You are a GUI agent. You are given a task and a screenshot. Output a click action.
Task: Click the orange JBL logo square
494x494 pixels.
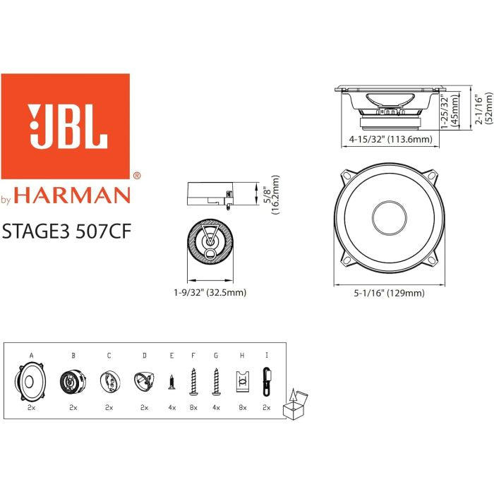[66, 126]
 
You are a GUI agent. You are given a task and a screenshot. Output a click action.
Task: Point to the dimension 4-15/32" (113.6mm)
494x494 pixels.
[390, 140]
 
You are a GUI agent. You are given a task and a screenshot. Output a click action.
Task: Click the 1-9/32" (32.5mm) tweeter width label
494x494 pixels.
[211, 291]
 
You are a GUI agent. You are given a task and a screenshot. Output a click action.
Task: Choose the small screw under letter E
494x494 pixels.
[171, 382]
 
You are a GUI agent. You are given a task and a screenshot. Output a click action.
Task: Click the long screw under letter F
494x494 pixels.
[193, 382]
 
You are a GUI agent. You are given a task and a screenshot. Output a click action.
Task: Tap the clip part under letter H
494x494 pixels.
[242, 382]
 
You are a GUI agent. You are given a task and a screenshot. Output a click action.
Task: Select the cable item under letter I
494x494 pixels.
[266, 382]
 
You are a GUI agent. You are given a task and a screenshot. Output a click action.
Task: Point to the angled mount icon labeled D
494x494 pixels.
[144, 382]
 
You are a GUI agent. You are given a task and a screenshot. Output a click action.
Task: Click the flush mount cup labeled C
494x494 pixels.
[109, 382]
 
